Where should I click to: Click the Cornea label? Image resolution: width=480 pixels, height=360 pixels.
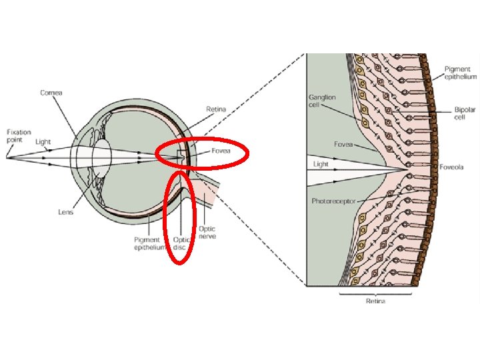point(51,93)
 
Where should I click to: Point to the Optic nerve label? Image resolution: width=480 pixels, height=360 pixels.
point(207,233)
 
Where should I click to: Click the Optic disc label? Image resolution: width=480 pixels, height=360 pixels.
point(181,243)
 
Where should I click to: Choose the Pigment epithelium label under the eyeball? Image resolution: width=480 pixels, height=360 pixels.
point(147,243)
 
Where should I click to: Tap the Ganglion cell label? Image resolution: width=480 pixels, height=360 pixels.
point(322,101)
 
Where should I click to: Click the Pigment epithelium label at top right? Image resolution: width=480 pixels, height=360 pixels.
point(460,73)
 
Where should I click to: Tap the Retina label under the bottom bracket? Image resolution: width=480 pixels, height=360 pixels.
point(375,301)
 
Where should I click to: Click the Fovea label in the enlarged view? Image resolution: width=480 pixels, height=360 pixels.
point(343,143)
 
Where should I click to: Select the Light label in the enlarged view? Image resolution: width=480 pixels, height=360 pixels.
point(321,163)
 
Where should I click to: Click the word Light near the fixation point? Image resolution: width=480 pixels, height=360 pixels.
point(43,142)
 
